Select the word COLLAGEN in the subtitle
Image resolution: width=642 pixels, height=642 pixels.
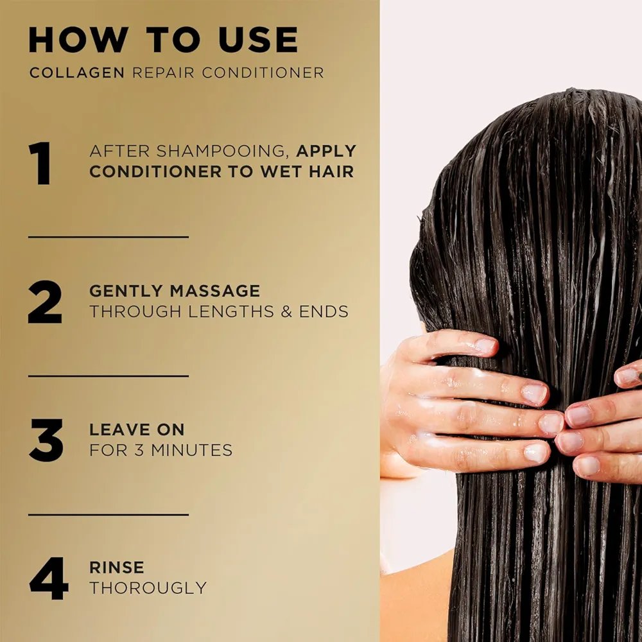pyautogui.click(x=77, y=73)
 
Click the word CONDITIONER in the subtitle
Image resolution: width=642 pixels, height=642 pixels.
pyautogui.click(x=263, y=73)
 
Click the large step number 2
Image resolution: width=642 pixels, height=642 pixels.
pyautogui.click(x=45, y=302)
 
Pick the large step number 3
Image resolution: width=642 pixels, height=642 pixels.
pyautogui.click(x=46, y=440)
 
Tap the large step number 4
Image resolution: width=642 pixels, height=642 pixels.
pyautogui.click(x=48, y=578)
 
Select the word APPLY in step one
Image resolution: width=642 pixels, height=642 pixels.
pyautogui.click(x=326, y=151)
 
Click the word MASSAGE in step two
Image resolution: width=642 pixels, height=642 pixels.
pyautogui.click(x=215, y=291)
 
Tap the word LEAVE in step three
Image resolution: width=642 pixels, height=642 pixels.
pyautogui.click(x=113, y=429)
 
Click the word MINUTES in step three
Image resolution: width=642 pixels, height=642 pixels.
pyautogui.click(x=191, y=450)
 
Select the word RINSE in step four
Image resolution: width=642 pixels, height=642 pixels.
pyautogui.click(x=117, y=568)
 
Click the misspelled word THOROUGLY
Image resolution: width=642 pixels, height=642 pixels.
pyautogui.click(x=148, y=588)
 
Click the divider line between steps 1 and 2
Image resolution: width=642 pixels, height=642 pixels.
pyautogui.click(x=108, y=237)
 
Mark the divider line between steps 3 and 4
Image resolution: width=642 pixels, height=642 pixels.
pyautogui.click(x=108, y=514)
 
